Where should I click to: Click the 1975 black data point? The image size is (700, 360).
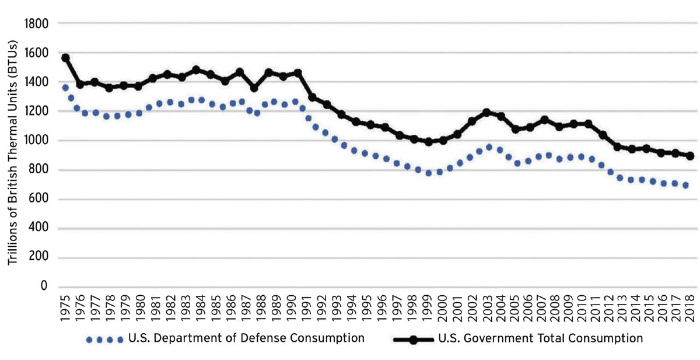(65, 58)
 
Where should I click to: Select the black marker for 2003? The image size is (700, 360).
(486, 112)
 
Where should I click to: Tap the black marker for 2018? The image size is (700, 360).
(689, 156)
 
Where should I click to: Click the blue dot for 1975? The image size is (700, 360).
(65, 88)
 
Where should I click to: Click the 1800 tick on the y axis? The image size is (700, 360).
(36, 24)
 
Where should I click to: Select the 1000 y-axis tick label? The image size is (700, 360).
(36, 141)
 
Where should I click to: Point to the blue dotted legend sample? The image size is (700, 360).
(104, 339)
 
